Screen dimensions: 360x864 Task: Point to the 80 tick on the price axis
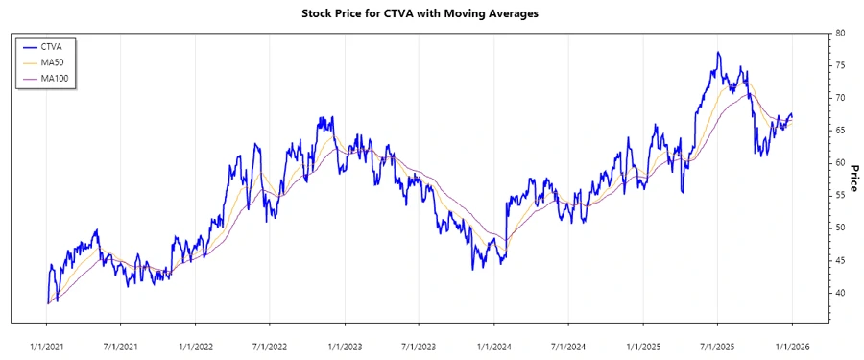pos(840,33)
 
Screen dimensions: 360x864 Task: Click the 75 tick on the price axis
pos(840,65)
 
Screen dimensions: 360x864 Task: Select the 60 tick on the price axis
pos(840,163)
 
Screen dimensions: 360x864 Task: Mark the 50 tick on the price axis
pos(840,228)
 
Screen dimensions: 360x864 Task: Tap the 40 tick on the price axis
pos(840,293)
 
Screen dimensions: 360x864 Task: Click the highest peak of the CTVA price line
pos(718,53)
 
